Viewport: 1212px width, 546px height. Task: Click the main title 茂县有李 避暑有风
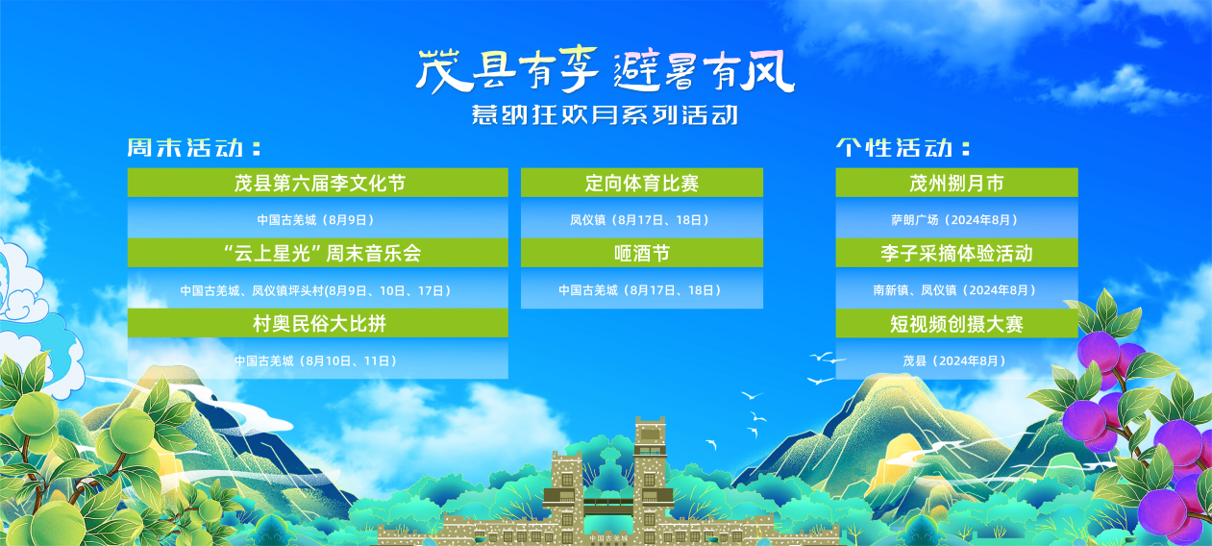pyautogui.click(x=605, y=70)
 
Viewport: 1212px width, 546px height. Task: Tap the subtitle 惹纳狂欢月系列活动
pyautogui.click(x=605, y=114)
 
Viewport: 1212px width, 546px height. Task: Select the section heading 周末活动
pyautogui.click(x=194, y=148)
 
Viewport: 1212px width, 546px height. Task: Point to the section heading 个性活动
pyautogui.click(x=903, y=148)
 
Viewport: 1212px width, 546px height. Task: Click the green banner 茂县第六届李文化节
pyautogui.click(x=317, y=183)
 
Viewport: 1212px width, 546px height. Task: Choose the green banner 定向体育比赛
pyautogui.click(x=642, y=183)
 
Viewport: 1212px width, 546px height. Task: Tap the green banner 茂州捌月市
pyautogui.click(x=956, y=183)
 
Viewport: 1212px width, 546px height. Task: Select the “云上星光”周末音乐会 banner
pyautogui.click(x=317, y=253)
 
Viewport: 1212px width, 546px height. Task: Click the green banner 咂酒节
pyautogui.click(x=642, y=253)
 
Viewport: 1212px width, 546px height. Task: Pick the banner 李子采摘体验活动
pyautogui.click(x=956, y=253)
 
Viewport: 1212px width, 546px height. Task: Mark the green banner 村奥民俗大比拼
pyautogui.click(x=317, y=323)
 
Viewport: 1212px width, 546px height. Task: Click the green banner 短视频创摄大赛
pyautogui.click(x=956, y=323)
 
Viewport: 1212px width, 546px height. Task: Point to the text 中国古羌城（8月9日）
pyautogui.click(x=316, y=220)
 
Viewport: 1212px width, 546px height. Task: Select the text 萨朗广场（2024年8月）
pyautogui.click(x=955, y=220)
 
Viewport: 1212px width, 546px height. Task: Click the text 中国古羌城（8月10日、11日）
pyautogui.click(x=316, y=360)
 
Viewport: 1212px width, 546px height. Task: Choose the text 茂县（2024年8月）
pyautogui.click(x=954, y=360)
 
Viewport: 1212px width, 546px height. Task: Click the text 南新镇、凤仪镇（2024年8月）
pyautogui.click(x=955, y=290)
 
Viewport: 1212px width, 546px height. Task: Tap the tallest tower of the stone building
pyautogui.click(x=650, y=476)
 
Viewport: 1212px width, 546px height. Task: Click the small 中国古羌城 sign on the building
pyautogui.click(x=608, y=538)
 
